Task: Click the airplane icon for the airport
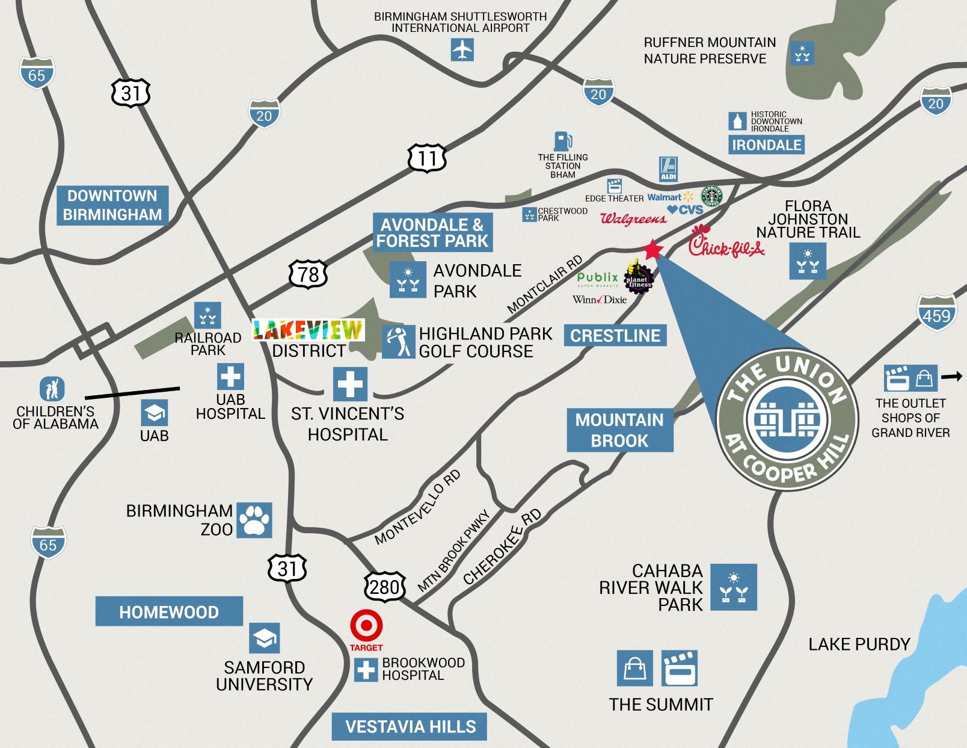(462, 49)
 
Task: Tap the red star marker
(652, 249)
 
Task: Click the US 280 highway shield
(384, 587)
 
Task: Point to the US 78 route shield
(308, 274)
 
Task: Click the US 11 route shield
(427, 158)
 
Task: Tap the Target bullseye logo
(366, 626)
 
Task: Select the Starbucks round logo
(711, 196)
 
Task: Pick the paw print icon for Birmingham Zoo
(254, 520)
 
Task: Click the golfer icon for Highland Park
(398, 341)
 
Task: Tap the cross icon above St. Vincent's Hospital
(350, 384)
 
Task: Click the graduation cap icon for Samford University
(265, 638)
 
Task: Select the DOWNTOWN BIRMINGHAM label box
(112, 205)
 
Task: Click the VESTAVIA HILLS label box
(410, 726)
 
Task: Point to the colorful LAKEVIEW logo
(308, 330)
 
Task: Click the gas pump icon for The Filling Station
(562, 142)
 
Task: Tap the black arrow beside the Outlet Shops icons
(951, 377)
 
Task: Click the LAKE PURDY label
(859, 644)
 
